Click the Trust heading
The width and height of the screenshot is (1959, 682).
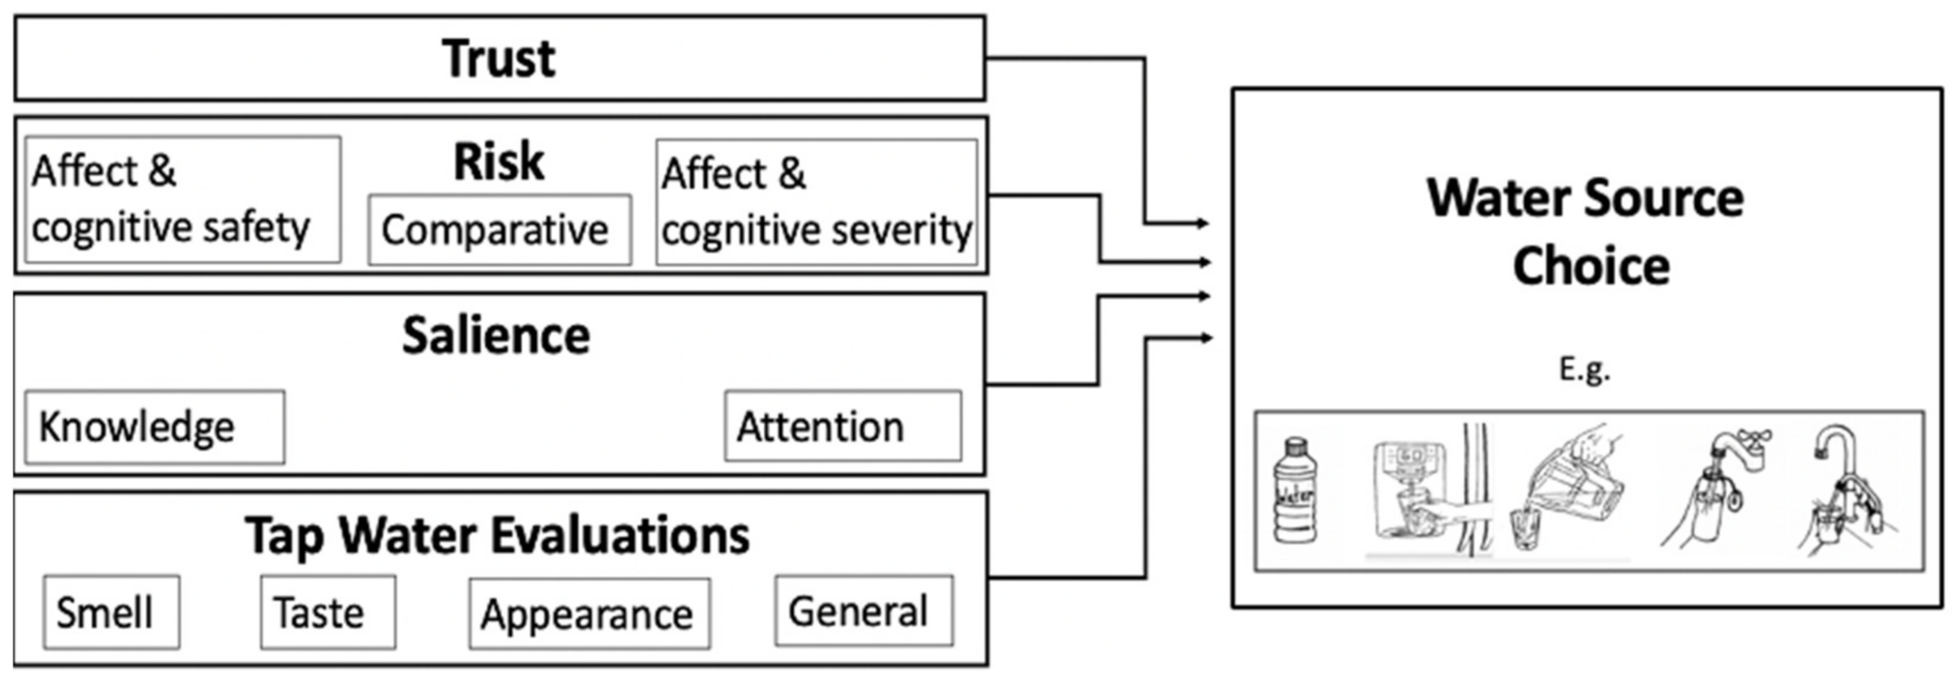499,58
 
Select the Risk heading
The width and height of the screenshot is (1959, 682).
499,162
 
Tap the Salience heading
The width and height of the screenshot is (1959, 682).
496,335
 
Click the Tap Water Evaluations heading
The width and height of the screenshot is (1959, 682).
497,536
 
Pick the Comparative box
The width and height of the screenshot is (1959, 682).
499,229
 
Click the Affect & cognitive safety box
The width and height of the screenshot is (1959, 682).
183,200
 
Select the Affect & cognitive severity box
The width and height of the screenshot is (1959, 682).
816,202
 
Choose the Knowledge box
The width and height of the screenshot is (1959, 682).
155,426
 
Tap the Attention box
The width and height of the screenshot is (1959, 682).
842,426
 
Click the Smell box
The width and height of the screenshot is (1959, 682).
112,612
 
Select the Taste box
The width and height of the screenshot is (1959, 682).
327,612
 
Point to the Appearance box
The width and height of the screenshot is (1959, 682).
590,613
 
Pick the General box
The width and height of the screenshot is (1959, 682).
864,610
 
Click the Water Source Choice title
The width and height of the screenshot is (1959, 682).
1586,231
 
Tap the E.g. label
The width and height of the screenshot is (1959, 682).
1584,369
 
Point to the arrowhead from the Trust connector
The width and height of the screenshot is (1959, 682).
1204,223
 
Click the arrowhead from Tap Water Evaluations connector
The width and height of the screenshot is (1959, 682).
1204,338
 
